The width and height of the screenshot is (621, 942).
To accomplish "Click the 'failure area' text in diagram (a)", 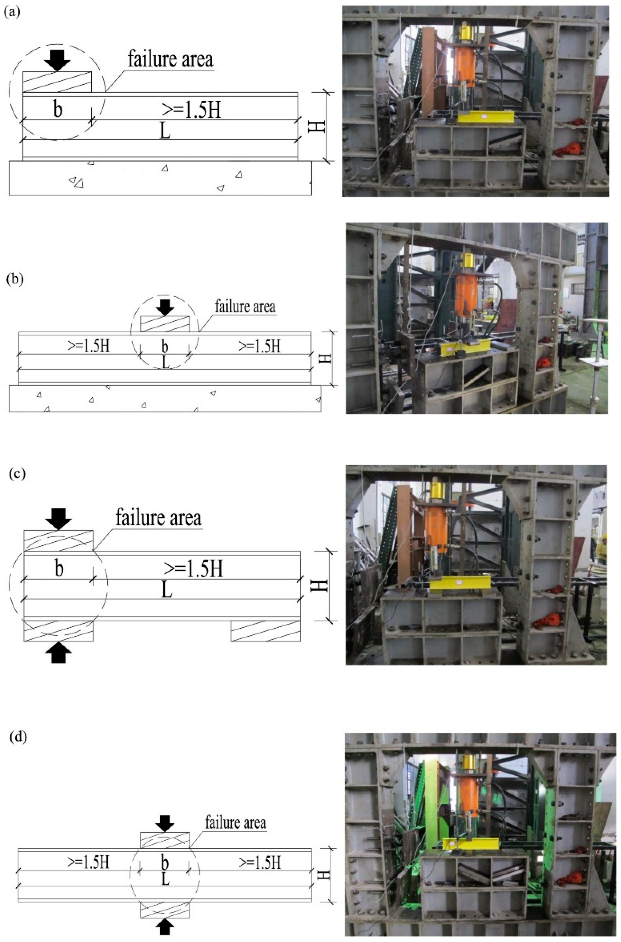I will (170, 60).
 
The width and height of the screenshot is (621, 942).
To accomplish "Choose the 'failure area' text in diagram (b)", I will (245, 306).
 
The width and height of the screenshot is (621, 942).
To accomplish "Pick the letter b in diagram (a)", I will (58, 110).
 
